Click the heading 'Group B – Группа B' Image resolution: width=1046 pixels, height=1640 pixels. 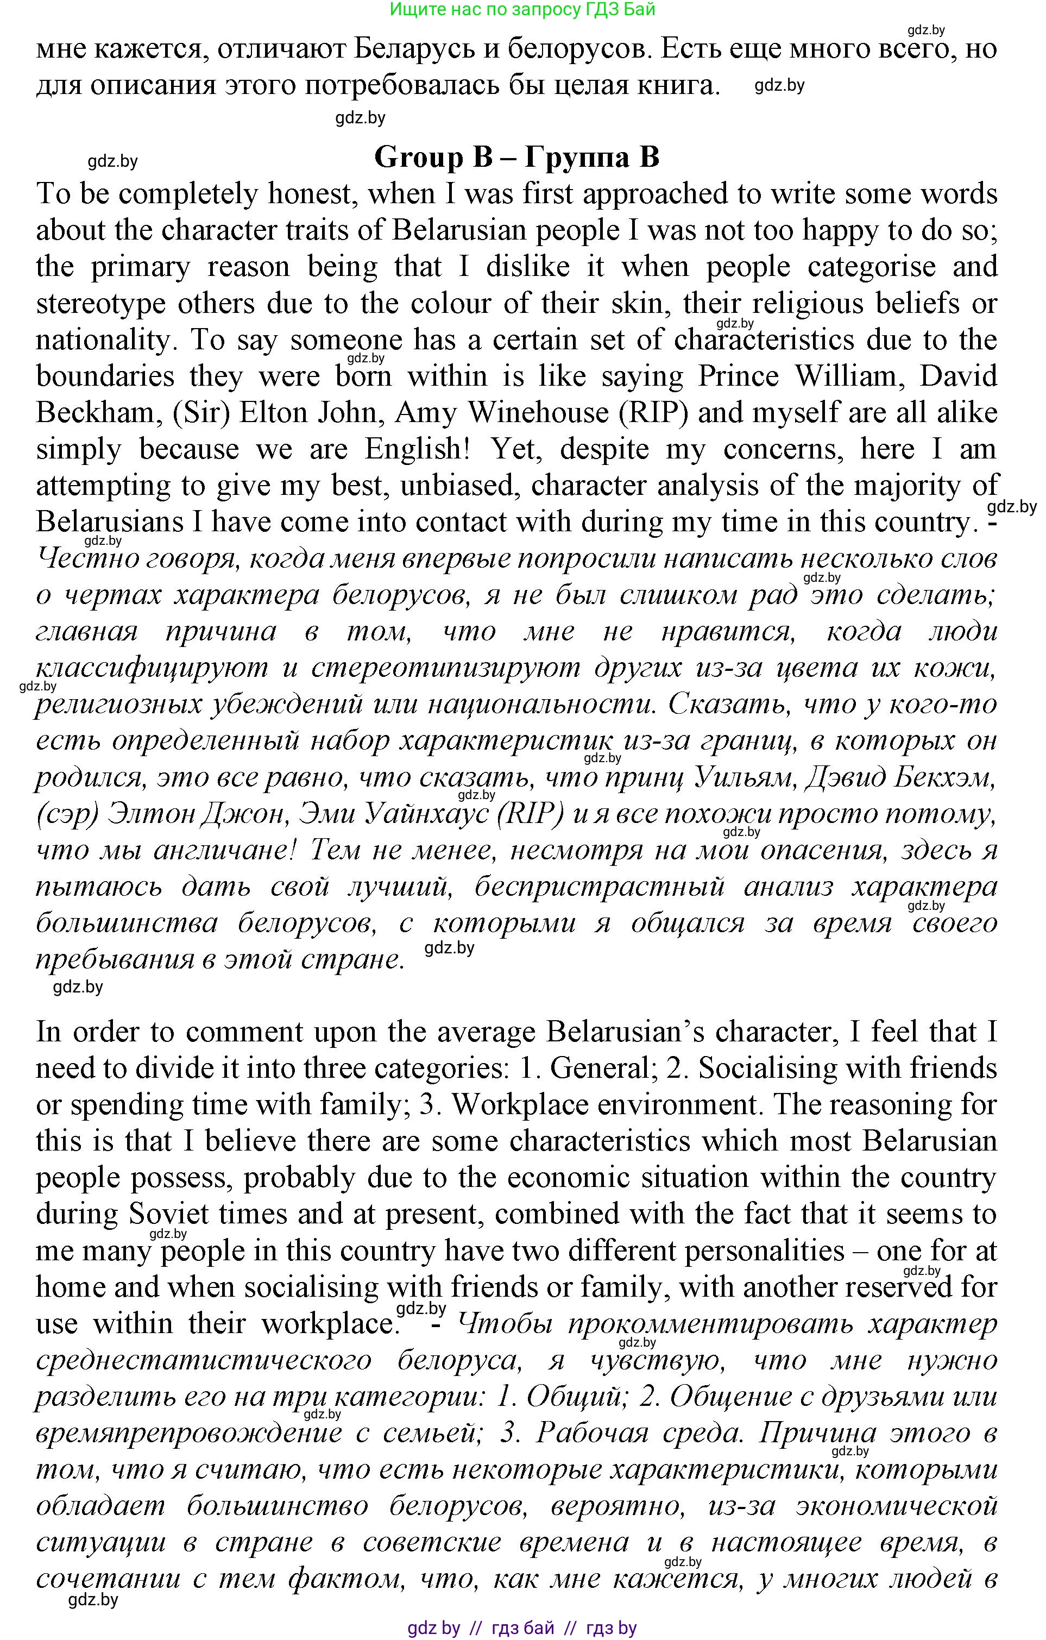(517, 158)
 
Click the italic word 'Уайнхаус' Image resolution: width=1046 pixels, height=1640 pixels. (427, 814)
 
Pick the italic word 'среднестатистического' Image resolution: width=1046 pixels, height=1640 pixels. (204, 1360)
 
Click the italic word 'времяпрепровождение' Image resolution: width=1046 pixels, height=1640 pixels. (188, 1433)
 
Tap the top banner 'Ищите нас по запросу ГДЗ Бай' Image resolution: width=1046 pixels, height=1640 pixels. (522, 10)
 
